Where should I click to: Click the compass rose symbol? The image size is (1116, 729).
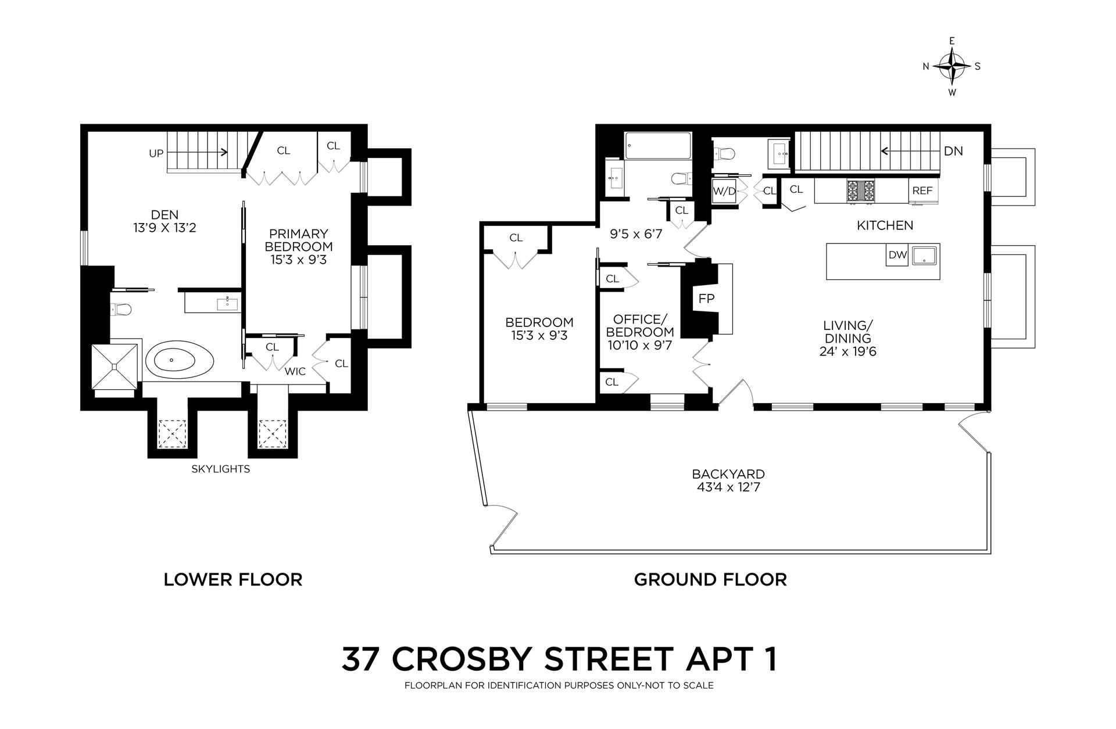tap(952, 66)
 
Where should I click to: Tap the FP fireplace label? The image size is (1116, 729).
tap(706, 299)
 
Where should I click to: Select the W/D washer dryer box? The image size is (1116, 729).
tap(723, 190)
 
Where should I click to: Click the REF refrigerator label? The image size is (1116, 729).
tap(922, 190)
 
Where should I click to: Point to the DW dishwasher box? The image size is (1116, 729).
tap(897, 254)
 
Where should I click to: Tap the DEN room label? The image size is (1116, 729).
tap(164, 214)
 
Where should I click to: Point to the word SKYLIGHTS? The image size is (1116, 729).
tap(221, 469)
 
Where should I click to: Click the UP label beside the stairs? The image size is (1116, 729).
tap(156, 153)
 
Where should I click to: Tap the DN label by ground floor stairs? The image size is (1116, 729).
tap(953, 151)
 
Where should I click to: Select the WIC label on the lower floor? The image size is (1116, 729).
tap(295, 371)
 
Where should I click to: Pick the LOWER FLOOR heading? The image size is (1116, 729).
tap(233, 579)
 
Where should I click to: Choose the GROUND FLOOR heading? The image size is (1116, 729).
tap(710, 579)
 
